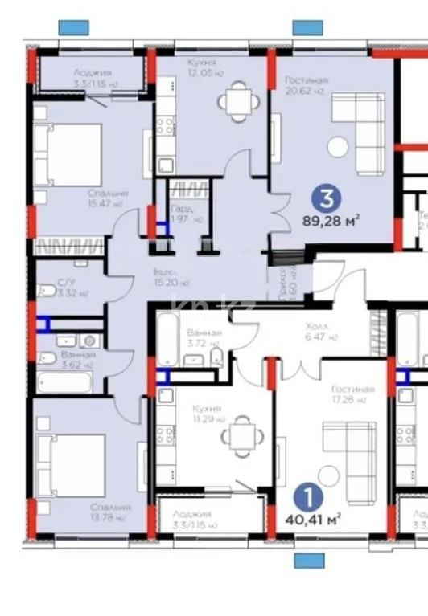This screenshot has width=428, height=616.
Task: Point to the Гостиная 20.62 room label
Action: [306, 84]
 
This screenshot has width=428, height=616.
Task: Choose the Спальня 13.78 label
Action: [110, 512]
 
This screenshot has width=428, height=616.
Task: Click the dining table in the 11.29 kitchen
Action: [240, 437]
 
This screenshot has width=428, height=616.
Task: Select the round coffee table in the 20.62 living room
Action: [338, 146]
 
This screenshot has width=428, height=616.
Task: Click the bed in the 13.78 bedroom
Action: [72, 464]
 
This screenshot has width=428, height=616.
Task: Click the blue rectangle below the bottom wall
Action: [308, 560]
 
